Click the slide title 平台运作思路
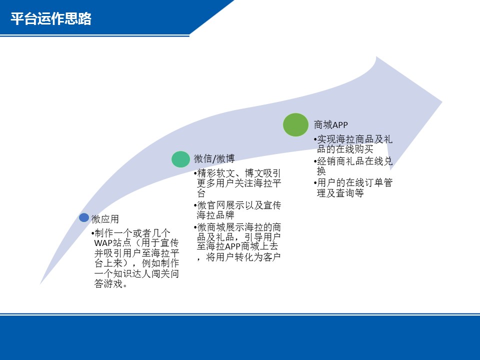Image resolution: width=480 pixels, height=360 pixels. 51,18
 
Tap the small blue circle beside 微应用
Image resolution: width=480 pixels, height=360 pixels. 84,217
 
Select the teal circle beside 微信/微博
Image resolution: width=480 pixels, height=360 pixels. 180,159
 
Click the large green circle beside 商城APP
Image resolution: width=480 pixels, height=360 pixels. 295,124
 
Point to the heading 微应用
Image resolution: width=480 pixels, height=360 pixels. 105,219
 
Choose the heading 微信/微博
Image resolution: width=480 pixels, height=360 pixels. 214,158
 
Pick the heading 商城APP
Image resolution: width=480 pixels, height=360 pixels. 331,125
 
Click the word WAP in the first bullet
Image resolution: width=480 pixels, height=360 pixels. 103,243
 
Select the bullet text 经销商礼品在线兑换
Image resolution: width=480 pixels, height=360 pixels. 353,165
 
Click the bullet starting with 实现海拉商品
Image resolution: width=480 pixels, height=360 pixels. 353,144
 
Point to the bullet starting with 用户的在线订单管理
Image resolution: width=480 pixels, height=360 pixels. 353,187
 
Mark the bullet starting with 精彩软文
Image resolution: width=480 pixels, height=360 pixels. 237,183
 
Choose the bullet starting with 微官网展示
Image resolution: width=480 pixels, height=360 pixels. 237,210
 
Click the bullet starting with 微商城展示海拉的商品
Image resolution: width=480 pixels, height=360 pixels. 237,242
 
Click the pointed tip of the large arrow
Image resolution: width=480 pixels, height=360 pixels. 442,102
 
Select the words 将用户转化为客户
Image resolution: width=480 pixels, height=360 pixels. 243,257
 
